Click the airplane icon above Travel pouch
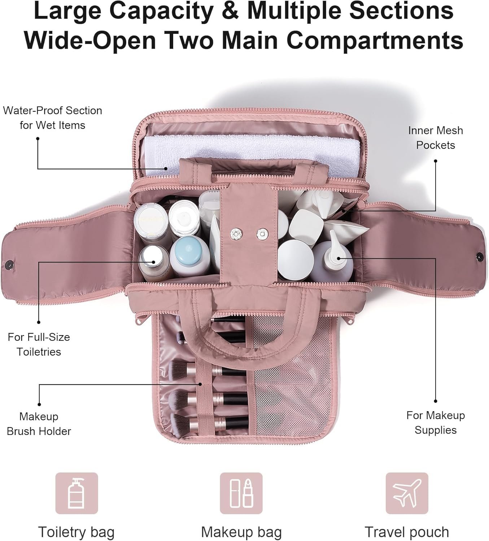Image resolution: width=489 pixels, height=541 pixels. click(x=407, y=493)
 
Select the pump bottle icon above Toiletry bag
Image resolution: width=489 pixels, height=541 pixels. click(x=77, y=493)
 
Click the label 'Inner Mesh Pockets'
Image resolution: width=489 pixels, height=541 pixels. click(x=435, y=138)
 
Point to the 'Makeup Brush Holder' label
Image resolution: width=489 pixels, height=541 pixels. click(x=39, y=424)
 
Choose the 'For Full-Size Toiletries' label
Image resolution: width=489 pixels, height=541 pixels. click(x=39, y=344)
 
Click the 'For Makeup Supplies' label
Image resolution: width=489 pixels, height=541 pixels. click(x=435, y=423)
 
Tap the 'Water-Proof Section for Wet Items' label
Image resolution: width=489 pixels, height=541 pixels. click(x=53, y=118)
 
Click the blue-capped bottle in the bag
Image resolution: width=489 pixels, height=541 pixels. click(x=189, y=255)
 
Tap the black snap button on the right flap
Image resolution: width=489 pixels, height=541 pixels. click(x=480, y=257)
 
